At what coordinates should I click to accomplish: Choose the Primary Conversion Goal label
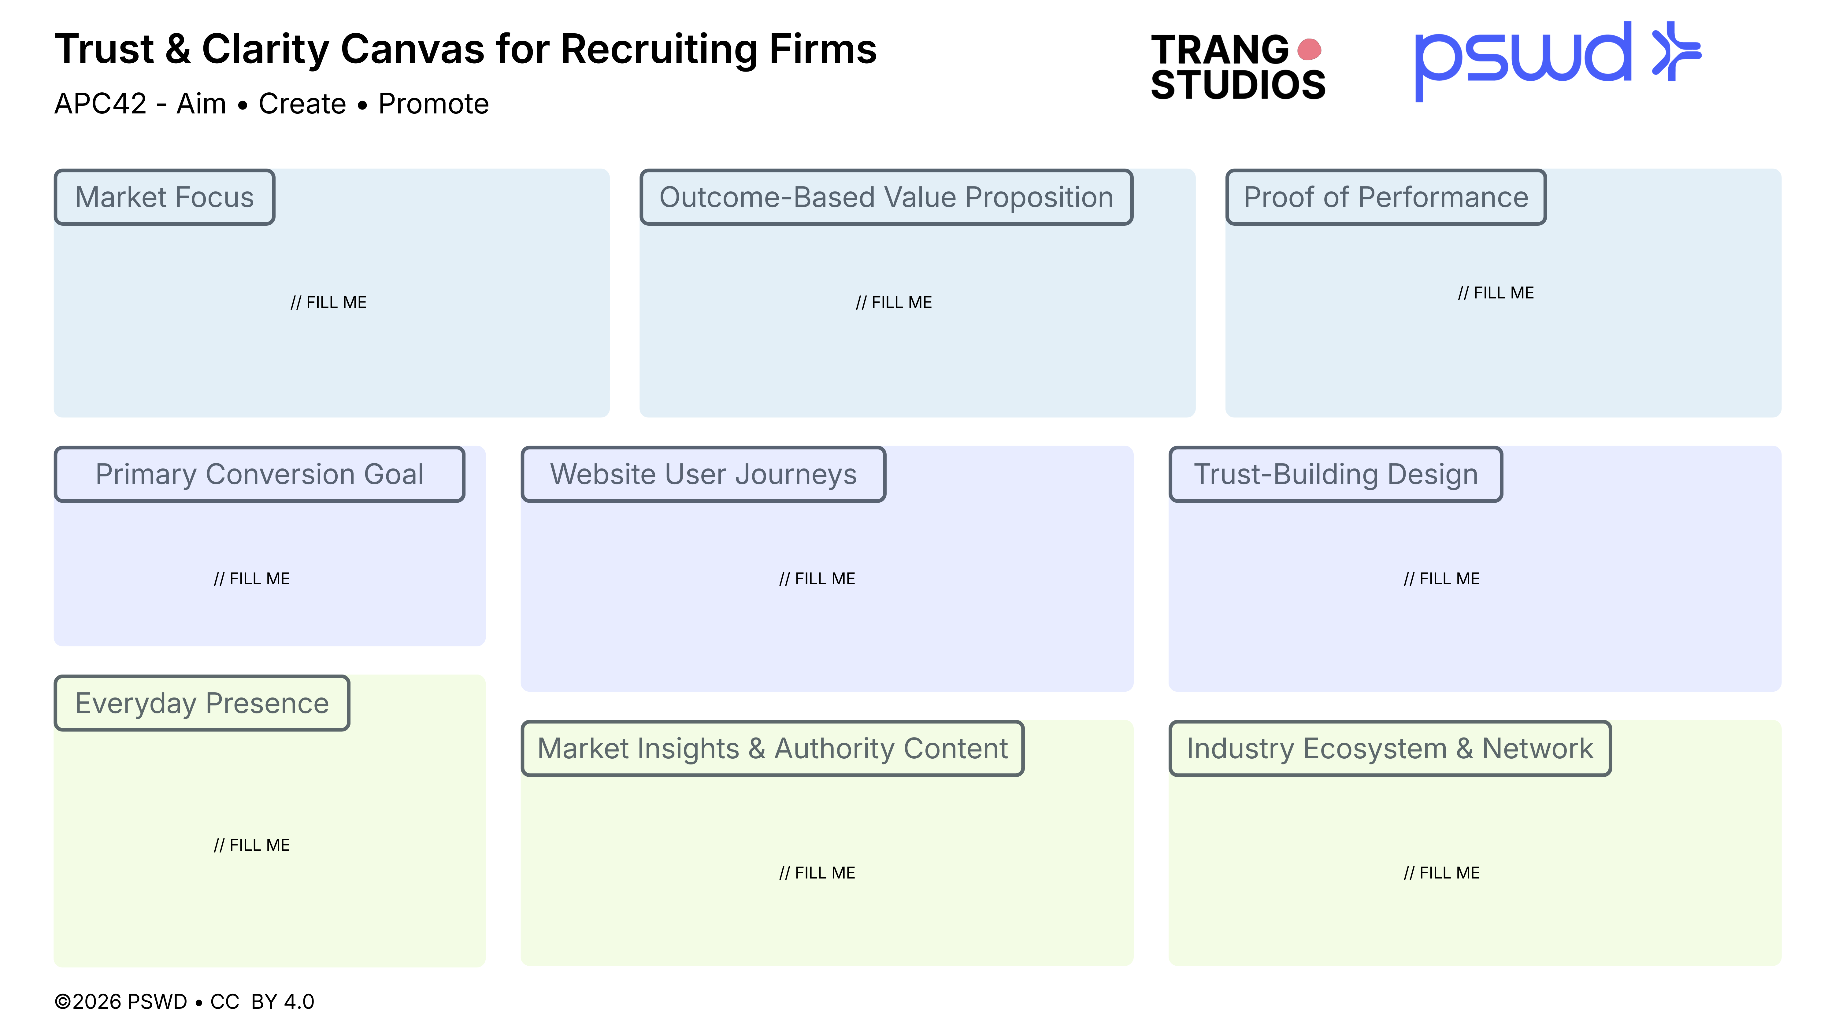259,474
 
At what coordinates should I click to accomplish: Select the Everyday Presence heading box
202,704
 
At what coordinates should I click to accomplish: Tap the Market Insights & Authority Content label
772,749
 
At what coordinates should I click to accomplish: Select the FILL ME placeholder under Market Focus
328,303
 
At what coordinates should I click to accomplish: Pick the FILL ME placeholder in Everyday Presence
251,845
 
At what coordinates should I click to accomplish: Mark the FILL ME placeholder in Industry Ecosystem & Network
1441,873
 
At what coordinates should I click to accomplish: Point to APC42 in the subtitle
100,104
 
